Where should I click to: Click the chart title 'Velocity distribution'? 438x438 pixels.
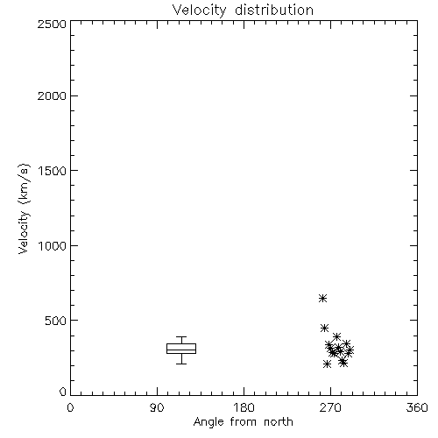[243, 10]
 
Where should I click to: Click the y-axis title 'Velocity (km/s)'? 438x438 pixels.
[24, 208]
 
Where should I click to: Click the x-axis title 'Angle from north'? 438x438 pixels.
[243, 422]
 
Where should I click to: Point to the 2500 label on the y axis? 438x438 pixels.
[52, 24]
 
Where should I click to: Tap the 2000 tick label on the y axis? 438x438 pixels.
[52, 95]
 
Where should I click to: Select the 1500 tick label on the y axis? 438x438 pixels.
[53, 171]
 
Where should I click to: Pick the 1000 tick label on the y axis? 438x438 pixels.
[53, 245]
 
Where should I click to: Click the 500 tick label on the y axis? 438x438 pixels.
[56, 321]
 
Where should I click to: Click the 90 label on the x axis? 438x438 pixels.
[157, 407]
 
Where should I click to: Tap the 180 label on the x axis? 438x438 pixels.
[244, 407]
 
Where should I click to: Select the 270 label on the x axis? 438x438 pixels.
[330, 407]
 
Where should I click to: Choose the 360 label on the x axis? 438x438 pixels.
[417, 407]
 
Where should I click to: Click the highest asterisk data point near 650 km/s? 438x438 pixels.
[322, 298]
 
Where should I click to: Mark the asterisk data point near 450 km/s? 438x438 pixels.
[324, 328]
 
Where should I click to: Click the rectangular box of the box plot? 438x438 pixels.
[181, 343]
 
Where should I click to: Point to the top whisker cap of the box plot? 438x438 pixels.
[181, 336]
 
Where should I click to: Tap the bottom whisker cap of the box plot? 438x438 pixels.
[181, 364]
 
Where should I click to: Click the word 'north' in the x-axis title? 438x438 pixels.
[279, 422]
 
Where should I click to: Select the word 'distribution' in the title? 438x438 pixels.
[274, 10]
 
